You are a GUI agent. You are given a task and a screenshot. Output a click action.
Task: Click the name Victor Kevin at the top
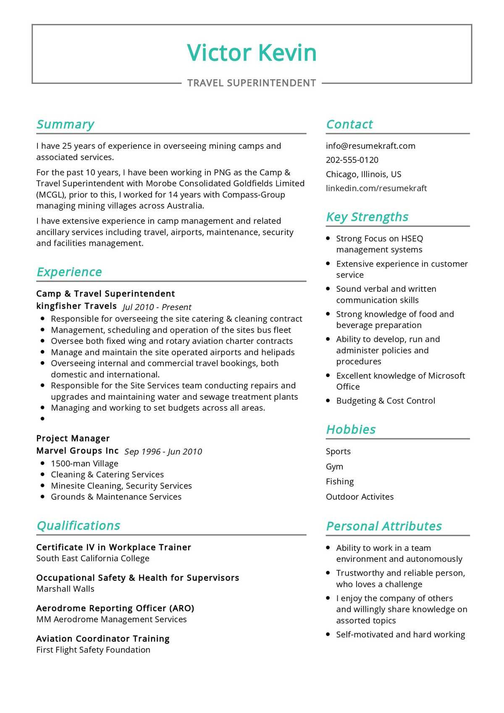pyautogui.click(x=252, y=53)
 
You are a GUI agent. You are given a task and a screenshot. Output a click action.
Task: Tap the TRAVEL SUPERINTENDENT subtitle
pyautogui.click(x=252, y=83)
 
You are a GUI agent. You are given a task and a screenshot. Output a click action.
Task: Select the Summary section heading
pyautogui.click(x=65, y=124)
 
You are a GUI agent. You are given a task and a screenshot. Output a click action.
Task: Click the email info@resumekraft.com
pyautogui.click(x=370, y=146)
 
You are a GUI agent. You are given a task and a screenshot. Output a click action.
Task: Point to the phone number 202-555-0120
pyautogui.click(x=352, y=160)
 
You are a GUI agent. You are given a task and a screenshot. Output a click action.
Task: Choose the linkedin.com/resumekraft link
pyautogui.click(x=376, y=188)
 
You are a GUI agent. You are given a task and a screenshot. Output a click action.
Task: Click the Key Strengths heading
pyautogui.click(x=367, y=217)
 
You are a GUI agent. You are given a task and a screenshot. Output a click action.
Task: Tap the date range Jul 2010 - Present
pyautogui.click(x=157, y=307)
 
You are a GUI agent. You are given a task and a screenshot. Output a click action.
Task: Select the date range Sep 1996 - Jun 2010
pyautogui.click(x=163, y=451)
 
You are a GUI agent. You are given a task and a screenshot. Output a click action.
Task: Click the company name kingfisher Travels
pyautogui.click(x=76, y=306)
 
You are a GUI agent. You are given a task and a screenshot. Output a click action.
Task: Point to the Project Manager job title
pyautogui.click(x=73, y=438)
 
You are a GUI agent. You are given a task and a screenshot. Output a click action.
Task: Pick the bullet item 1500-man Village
pyautogui.click(x=84, y=464)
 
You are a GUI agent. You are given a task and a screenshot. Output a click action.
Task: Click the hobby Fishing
pyautogui.click(x=339, y=482)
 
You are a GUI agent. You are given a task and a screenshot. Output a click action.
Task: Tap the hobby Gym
pyautogui.click(x=334, y=467)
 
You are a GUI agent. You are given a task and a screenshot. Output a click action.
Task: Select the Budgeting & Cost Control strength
pyautogui.click(x=385, y=401)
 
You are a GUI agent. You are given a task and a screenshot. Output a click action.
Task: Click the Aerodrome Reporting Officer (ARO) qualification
pyautogui.click(x=115, y=608)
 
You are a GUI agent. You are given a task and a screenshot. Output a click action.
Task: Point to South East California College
pyautogui.click(x=93, y=558)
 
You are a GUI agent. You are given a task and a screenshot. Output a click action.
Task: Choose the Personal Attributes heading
pyautogui.click(x=383, y=526)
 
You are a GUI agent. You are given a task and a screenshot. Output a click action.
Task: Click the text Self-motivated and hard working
pyautogui.click(x=400, y=634)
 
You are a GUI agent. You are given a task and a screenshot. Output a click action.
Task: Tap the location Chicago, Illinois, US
pyautogui.click(x=363, y=174)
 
